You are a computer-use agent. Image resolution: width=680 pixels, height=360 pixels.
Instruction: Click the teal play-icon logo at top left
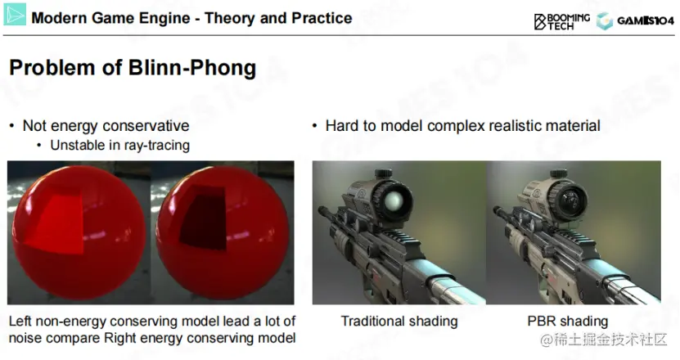[x=16, y=15]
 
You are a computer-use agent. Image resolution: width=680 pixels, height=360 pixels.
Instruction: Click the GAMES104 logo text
[x=646, y=20]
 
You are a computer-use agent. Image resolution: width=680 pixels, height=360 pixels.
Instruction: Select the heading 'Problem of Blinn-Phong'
[x=133, y=69]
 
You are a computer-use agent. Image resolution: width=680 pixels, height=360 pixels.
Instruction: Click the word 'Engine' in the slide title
[x=164, y=18]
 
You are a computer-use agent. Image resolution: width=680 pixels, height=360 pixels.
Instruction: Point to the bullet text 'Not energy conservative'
[x=106, y=126]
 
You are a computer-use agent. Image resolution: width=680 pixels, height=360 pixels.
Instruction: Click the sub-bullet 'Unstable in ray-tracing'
[x=119, y=145]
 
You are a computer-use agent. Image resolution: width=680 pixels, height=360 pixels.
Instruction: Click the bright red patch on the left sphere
[x=57, y=223]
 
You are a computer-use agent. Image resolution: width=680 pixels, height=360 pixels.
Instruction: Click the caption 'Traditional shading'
[x=399, y=322]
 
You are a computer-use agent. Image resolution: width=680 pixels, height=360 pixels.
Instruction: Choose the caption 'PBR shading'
[x=568, y=322]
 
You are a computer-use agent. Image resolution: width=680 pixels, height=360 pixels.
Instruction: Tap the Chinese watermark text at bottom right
[x=603, y=340]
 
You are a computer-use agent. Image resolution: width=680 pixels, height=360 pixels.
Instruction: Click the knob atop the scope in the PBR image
[x=558, y=173]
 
